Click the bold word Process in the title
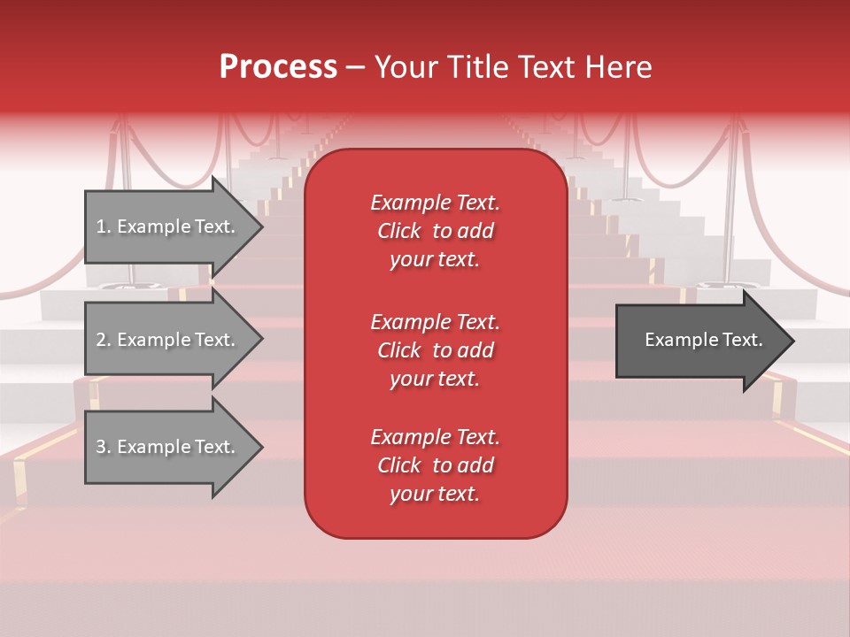[278, 67]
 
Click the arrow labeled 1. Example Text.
[168, 226]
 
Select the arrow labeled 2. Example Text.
[168, 340]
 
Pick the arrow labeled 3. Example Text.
[168, 447]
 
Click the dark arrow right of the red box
[699, 340]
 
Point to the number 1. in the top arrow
[104, 226]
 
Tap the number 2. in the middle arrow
[104, 340]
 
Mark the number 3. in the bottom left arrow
[104, 447]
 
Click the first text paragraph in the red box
[435, 231]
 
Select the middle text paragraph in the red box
[435, 350]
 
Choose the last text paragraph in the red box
[435, 465]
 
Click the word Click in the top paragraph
[399, 231]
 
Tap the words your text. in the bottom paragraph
[435, 494]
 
